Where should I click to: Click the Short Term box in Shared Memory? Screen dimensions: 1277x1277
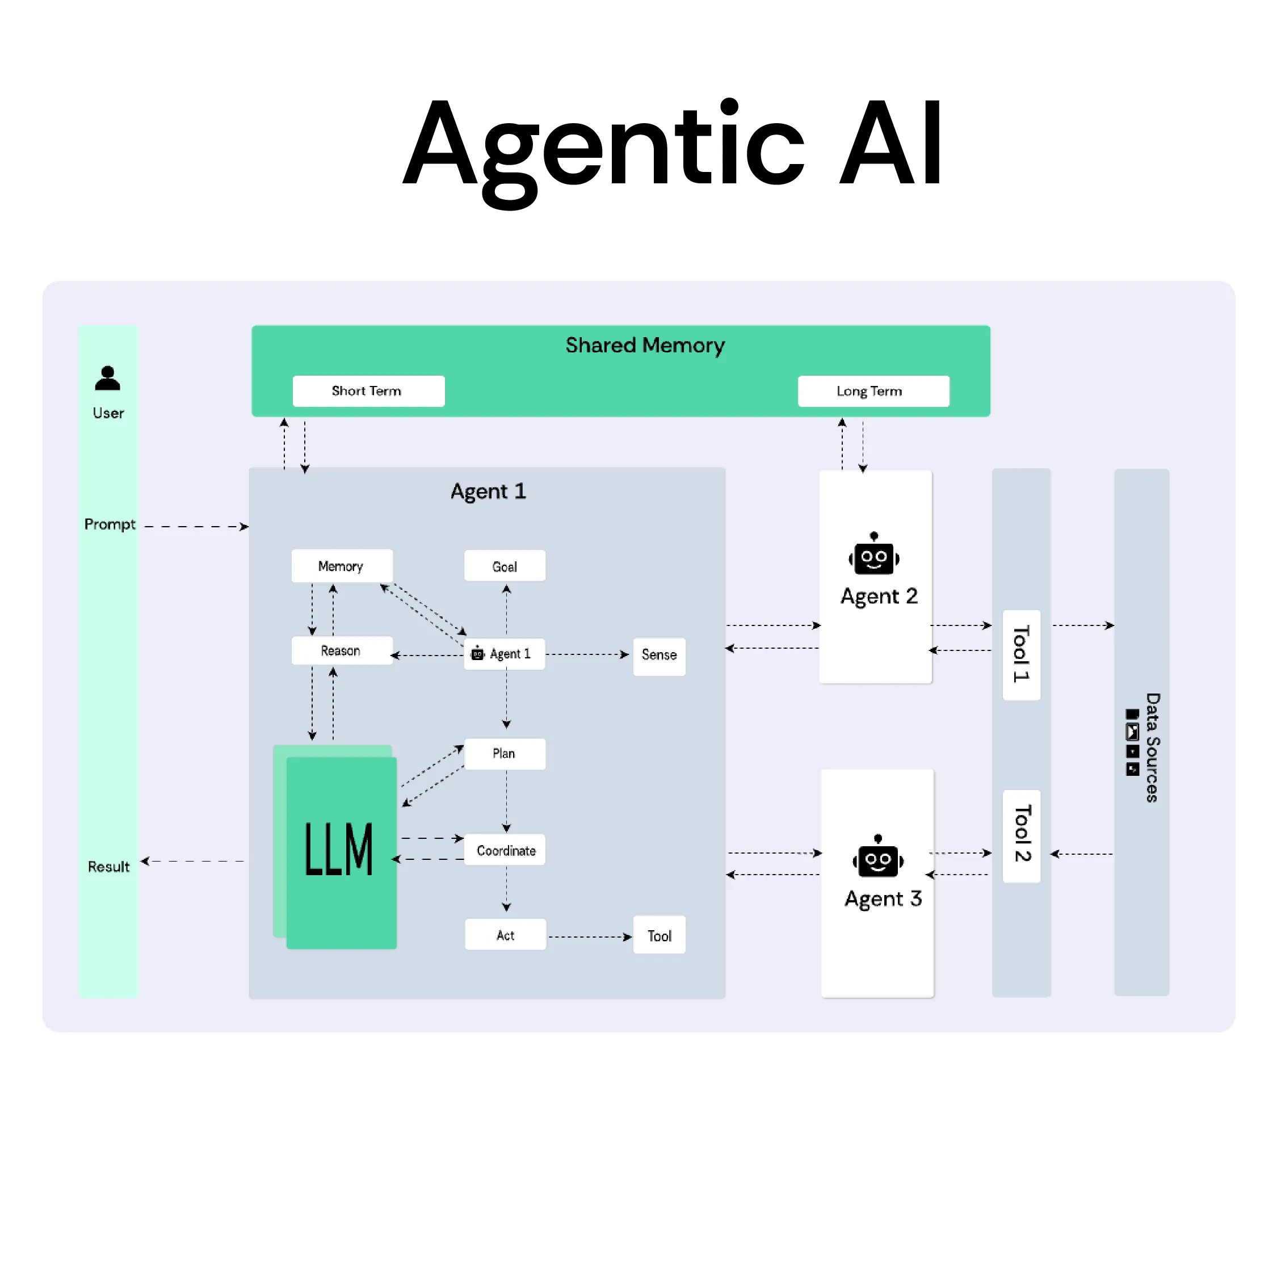click(368, 390)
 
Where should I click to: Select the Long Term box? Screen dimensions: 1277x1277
click(872, 390)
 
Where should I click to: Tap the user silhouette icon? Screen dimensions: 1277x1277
click(108, 378)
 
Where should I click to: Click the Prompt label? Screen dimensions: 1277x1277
click(110, 524)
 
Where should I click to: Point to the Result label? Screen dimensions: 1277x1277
click(108, 866)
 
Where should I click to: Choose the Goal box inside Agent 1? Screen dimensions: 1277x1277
click(505, 566)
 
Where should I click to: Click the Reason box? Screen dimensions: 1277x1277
click(341, 650)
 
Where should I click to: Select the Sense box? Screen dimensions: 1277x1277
click(659, 655)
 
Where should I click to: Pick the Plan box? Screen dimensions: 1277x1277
click(505, 754)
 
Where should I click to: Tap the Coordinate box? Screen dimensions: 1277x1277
click(506, 850)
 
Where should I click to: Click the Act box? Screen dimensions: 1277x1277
click(505, 935)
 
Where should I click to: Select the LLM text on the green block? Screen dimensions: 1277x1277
click(339, 850)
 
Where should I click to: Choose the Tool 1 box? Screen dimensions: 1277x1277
click(1021, 654)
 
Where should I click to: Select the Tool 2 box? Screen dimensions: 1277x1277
click(1021, 835)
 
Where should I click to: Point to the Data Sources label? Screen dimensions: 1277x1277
click(1152, 747)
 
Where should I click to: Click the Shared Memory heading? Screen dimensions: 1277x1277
click(645, 345)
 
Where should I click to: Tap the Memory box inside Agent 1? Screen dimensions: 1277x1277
click(341, 566)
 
